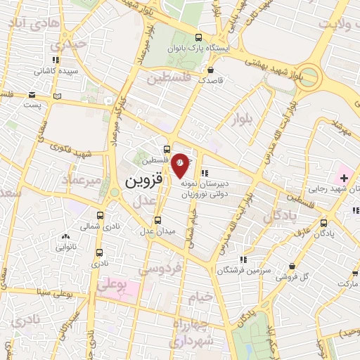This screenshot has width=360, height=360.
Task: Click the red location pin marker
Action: coord(181,164)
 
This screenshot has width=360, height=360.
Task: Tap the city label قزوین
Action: coord(143,181)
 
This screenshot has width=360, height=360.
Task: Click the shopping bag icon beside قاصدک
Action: coord(211,70)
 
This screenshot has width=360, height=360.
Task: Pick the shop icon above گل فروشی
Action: coord(292,266)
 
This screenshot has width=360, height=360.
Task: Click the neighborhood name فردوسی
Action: coord(160,268)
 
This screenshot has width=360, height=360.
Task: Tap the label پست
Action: coord(34,104)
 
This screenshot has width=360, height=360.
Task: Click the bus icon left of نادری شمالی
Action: coord(101,216)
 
